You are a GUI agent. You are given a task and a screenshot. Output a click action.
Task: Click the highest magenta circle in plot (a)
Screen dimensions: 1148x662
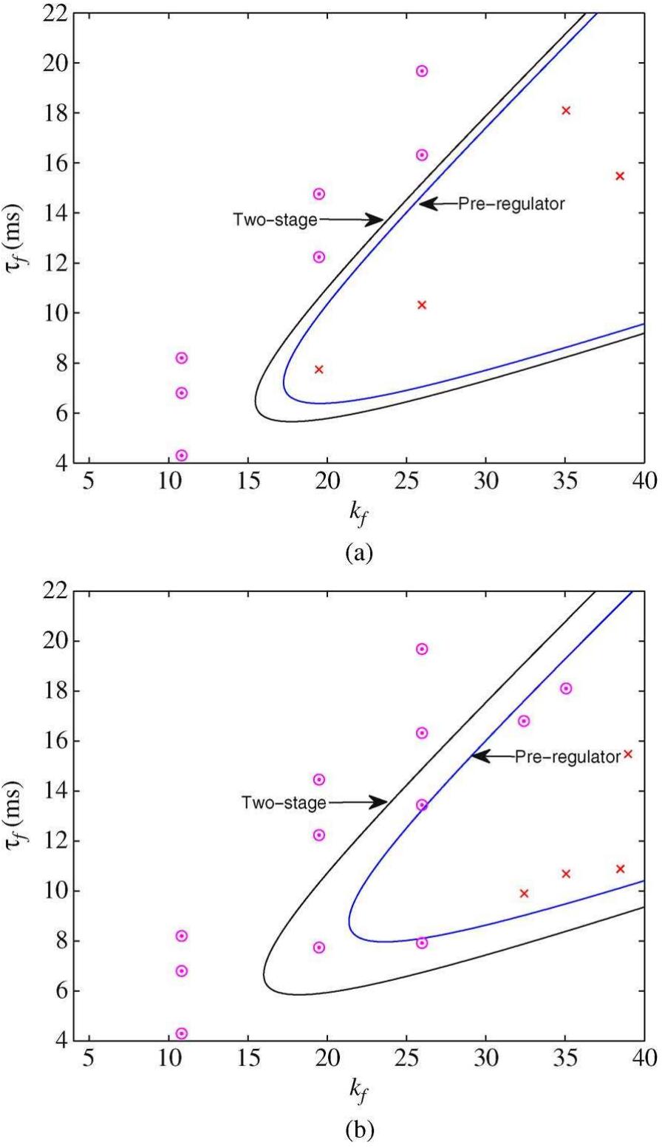pos(422,71)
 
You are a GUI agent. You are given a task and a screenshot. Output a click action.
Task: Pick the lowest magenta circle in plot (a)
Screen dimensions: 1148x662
pos(182,455)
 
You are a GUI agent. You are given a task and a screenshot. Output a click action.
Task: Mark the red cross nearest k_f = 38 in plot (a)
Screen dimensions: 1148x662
pos(620,176)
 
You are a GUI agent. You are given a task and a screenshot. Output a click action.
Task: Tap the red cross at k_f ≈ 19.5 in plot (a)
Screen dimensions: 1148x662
pos(319,370)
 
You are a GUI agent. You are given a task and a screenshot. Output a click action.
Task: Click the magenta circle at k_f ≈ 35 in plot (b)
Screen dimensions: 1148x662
pos(566,688)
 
